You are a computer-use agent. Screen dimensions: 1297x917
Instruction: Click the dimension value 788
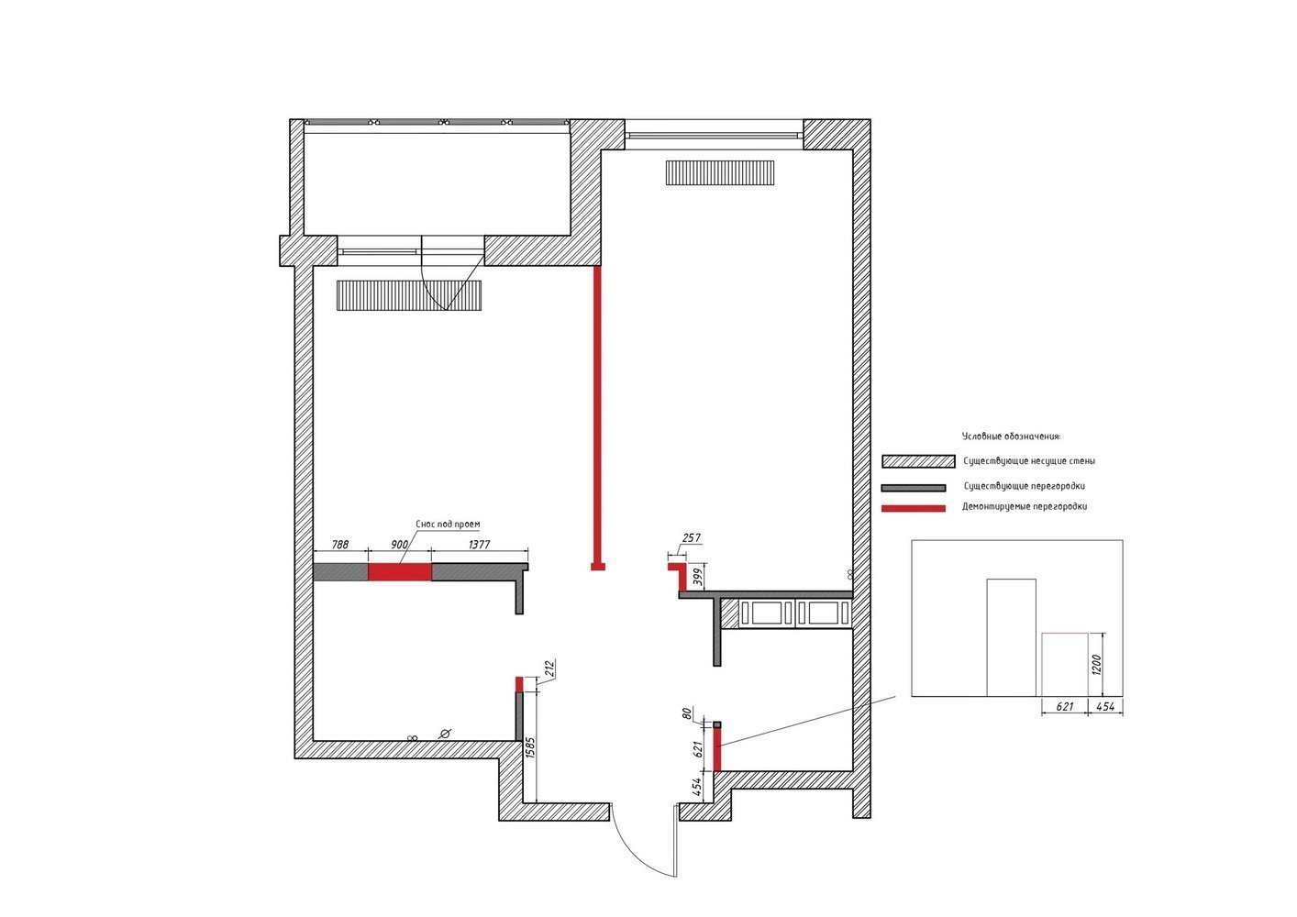pos(340,544)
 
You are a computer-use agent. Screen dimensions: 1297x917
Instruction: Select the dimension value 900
pos(400,544)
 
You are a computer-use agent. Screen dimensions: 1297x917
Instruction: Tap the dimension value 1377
pos(479,544)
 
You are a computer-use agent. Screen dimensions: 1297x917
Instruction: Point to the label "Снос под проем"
pos(448,525)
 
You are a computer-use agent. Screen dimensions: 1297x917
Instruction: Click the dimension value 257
pos(692,537)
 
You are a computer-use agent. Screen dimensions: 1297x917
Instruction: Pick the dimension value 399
pos(698,578)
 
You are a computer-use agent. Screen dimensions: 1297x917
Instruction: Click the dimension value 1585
pos(531,746)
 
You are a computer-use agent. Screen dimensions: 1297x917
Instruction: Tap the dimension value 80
pos(687,713)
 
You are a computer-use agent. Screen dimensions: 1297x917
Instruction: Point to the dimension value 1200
pos(1095,665)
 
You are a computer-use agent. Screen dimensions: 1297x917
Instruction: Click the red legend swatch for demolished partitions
pos(913,508)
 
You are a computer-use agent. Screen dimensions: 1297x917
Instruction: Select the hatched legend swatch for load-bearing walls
pos(918,461)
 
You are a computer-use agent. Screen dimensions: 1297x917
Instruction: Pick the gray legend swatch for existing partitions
pos(913,488)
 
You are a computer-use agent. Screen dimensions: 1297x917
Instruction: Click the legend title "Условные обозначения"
pos(1011,436)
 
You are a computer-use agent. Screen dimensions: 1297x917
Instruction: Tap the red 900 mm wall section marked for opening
pos(400,572)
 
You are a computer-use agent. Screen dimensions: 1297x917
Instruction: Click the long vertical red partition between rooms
pos(597,418)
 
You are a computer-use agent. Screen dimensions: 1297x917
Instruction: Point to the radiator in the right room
pos(720,172)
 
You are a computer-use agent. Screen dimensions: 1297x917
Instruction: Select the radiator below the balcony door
pos(409,295)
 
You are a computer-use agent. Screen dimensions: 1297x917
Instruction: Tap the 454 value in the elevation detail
pos(1105,707)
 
